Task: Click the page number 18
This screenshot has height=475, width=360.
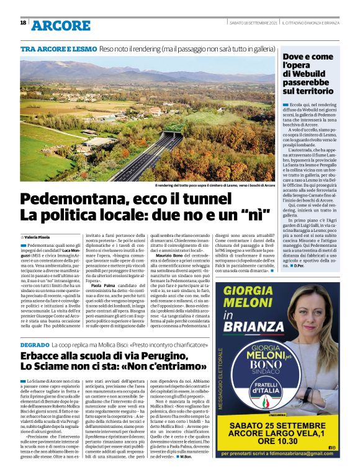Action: tap(23, 22)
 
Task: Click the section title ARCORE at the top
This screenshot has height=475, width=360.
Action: tap(60, 25)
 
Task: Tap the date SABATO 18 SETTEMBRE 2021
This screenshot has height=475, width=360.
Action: tap(252, 23)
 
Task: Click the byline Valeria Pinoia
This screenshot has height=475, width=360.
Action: tap(40, 237)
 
